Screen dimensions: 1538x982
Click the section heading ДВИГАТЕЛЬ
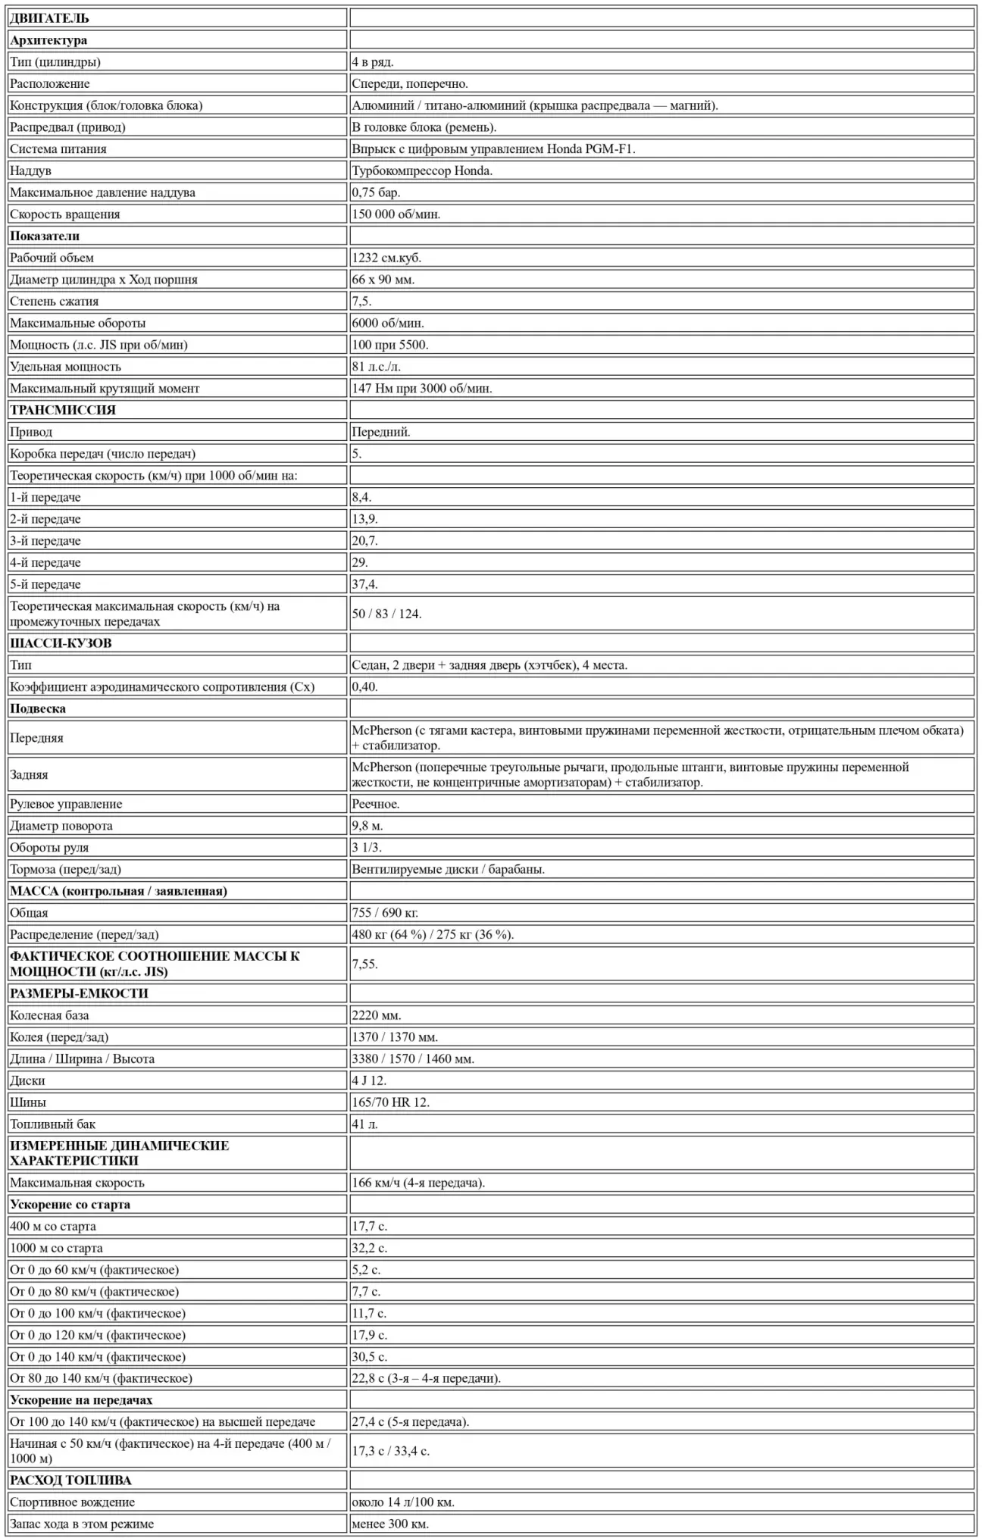49,18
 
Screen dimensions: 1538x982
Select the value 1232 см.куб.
386,258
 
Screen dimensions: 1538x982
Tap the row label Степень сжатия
54,302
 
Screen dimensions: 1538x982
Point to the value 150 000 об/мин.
396,214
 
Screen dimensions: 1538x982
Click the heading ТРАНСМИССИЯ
63,410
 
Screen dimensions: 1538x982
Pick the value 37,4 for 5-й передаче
364,584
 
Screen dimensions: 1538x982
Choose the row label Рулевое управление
66,804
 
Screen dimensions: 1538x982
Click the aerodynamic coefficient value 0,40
364,687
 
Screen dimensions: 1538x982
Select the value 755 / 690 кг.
385,913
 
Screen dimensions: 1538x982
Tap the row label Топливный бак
52,1124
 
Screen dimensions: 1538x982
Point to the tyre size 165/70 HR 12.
390,1102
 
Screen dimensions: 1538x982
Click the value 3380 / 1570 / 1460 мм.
413,1059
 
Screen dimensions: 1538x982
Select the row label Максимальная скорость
77,1183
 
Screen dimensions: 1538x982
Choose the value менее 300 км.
390,1524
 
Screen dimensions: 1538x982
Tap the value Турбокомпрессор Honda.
422,171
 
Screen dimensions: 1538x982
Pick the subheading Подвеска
38,709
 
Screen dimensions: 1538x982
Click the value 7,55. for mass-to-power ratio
364,964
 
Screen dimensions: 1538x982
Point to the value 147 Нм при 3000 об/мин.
422,389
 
